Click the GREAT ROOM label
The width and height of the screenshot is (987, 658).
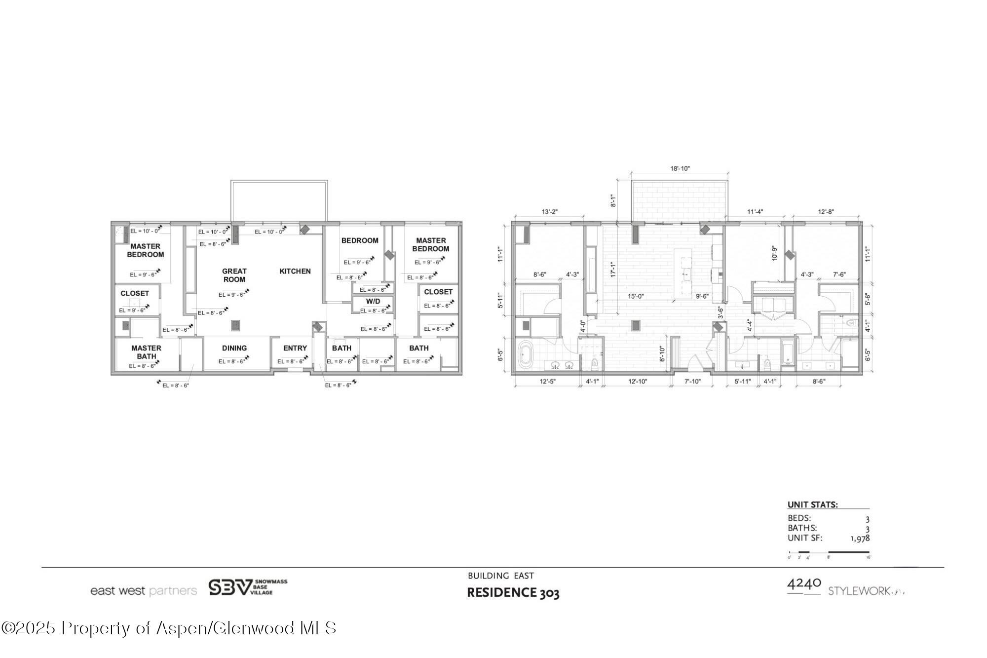tap(234, 275)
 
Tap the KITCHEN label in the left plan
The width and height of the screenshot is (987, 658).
tap(295, 271)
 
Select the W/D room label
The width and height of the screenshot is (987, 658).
tap(373, 301)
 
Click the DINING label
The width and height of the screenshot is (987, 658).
tap(234, 348)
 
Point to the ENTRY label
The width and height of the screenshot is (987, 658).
tap(295, 348)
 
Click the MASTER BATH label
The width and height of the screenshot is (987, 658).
tap(146, 352)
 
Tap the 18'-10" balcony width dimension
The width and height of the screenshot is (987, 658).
tap(680, 168)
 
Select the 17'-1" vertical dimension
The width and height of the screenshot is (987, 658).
tap(613, 269)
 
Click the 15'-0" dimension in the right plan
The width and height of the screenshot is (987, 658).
tap(636, 296)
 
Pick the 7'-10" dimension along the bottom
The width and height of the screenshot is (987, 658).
tap(692, 381)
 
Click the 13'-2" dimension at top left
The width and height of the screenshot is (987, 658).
tap(549, 212)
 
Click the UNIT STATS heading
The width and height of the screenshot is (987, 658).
tap(812, 505)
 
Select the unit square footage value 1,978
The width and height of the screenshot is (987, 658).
tap(860, 539)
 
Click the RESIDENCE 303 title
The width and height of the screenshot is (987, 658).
tap(513, 592)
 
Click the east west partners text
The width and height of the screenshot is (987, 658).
tap(143, 591)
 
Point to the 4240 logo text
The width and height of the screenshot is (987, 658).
tap(804, 584)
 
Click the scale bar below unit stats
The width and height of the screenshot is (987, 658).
tap(829, 552)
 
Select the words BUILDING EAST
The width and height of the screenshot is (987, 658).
tap(500, 576)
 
